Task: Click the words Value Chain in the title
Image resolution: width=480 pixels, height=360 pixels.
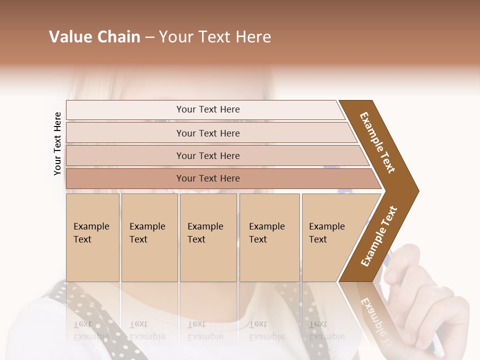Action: [x=94, y=37]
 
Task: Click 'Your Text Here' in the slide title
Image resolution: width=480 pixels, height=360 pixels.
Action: [x=215, y=37]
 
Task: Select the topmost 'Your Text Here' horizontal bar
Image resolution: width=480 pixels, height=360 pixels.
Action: [x=207, y=109]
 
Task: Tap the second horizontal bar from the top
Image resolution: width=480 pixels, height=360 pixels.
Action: [x=207, y=133]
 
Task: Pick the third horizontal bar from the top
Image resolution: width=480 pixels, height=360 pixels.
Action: [x=207, y=155]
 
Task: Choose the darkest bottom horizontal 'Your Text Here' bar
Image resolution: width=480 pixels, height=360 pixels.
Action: [x=207, y=178]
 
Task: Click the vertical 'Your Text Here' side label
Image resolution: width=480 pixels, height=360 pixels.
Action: [x=57, y=144]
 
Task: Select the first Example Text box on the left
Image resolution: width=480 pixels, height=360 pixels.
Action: [x=92, y=237]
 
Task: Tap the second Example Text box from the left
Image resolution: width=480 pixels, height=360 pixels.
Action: [x=149, y=237]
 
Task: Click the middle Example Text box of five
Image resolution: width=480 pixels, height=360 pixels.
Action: [x=208, y=237]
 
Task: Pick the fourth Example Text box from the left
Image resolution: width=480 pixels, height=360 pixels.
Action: [x=269, y=237]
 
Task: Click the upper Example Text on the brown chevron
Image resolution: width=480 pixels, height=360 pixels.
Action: [x=378, y=143]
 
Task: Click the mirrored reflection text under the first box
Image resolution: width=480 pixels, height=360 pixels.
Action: [x=91, y=330]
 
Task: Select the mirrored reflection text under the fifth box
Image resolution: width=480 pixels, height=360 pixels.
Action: [x=326, y=330]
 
